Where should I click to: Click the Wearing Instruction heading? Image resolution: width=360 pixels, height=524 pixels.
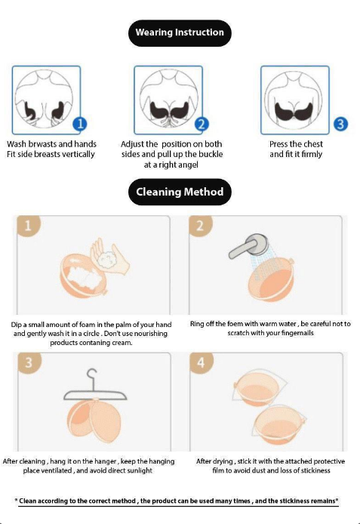[180, 32]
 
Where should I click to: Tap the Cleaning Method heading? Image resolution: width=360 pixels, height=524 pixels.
[180, 192]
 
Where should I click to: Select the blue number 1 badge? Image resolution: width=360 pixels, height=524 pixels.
[80, 124]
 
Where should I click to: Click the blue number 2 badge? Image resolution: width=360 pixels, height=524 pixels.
[202, 124]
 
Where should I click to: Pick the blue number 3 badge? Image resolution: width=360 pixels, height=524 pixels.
[340, 124]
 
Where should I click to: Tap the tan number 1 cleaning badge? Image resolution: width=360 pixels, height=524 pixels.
[28, 226]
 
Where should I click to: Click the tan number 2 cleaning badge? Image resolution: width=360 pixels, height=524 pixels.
[200, 226]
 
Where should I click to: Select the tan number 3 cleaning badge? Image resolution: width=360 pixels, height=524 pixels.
[29, 362]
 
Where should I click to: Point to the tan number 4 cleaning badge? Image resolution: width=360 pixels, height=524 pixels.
[201, 362]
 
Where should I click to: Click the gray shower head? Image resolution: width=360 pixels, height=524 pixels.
[250, 246]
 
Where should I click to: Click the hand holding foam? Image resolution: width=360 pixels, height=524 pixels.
[110, 257]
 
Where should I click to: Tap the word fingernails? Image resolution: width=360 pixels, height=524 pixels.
[297, 333]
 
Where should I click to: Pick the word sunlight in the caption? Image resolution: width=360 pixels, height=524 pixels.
[140, 470]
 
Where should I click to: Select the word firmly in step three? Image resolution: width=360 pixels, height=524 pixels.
[312, 154]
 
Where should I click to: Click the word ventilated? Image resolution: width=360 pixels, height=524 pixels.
[58, 470]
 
